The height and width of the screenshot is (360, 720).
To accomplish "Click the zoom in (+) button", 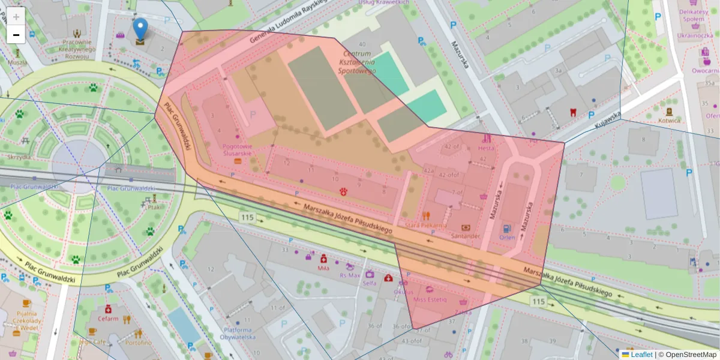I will [16, 17].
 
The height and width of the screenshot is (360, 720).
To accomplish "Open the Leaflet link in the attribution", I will [640, 355].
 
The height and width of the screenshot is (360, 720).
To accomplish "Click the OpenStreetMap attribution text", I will [691, 355].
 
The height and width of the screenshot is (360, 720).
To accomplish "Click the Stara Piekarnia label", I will [426, 225].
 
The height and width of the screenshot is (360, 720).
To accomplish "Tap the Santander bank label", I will [465, 236].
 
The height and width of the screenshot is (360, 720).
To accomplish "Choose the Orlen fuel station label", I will [507, 236].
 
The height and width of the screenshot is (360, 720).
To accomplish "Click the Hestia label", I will [486, 147].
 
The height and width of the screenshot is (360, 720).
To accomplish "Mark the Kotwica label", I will [669, 120].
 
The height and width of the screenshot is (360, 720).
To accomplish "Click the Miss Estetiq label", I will [430, 299].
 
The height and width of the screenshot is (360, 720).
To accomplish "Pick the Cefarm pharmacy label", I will [108, 319].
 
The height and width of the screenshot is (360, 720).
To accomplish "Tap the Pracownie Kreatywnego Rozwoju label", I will [76, 49].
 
